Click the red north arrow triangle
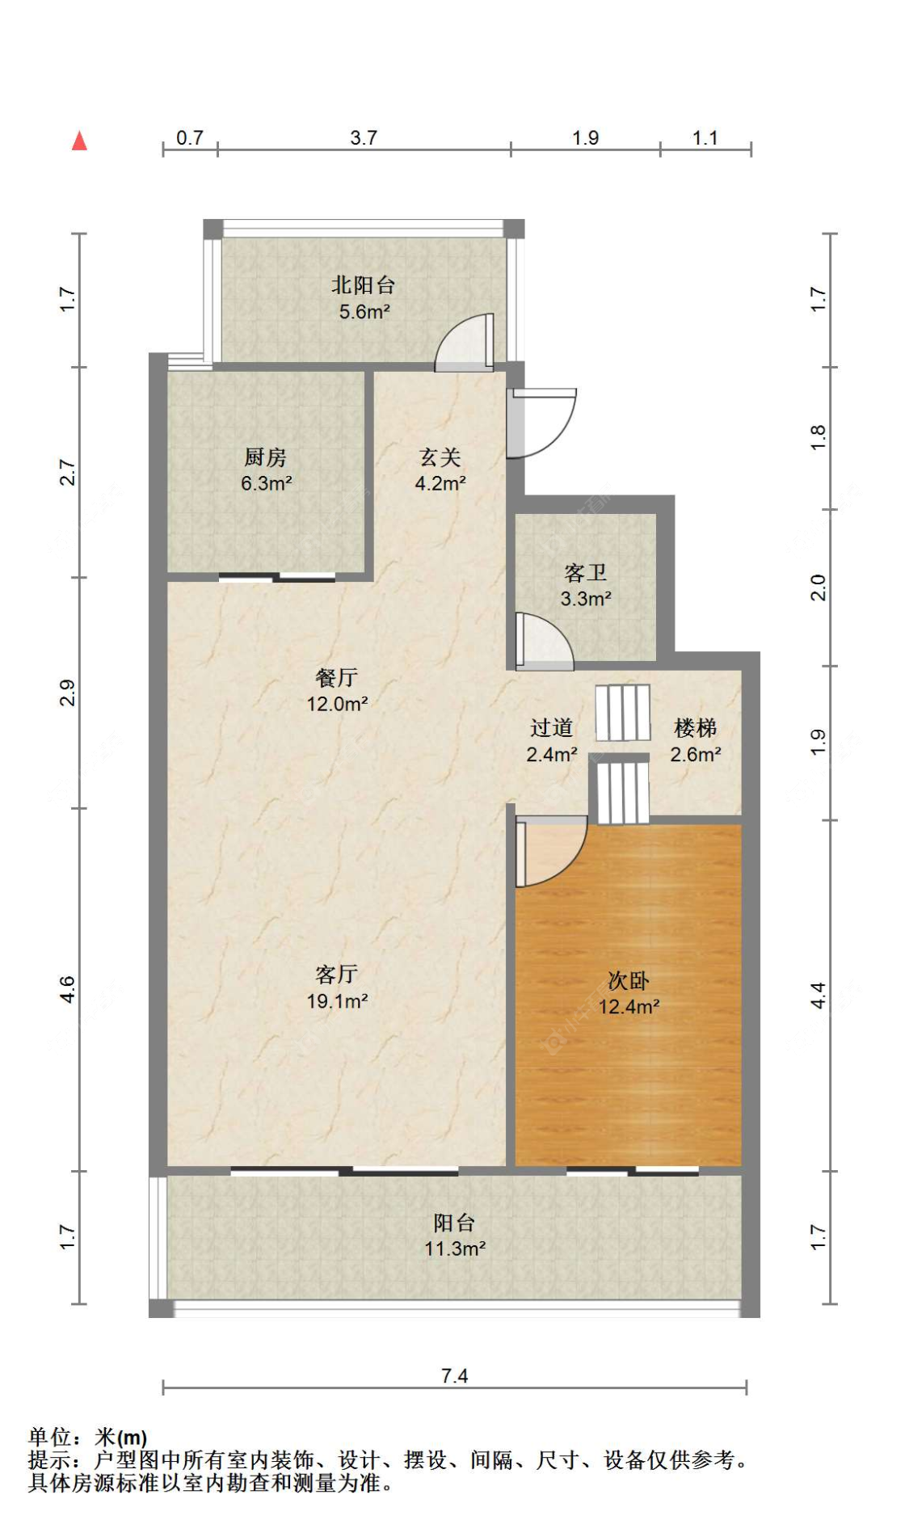tap(79, 141)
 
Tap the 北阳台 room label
tap(363, 297)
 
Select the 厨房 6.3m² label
tap(266, 470)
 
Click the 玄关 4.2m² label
tap(440, 470)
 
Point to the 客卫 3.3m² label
tap(585, 585)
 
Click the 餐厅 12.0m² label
tap(337, 690)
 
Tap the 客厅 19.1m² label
tap(337, 987)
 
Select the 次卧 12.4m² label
tap(628, 993)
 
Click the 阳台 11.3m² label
tap(454, 1235)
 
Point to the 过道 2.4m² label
tap(551, 740)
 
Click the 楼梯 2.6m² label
tap(695, 740)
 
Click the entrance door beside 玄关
tap(541, 423)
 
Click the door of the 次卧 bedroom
tap(549, 853)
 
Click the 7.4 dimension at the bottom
tap(454, 1375)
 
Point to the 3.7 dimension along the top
tap(363, 137)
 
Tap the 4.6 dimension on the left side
tap(67, 989)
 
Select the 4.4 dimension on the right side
tap(818, 995)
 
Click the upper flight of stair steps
tap(623, 712)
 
